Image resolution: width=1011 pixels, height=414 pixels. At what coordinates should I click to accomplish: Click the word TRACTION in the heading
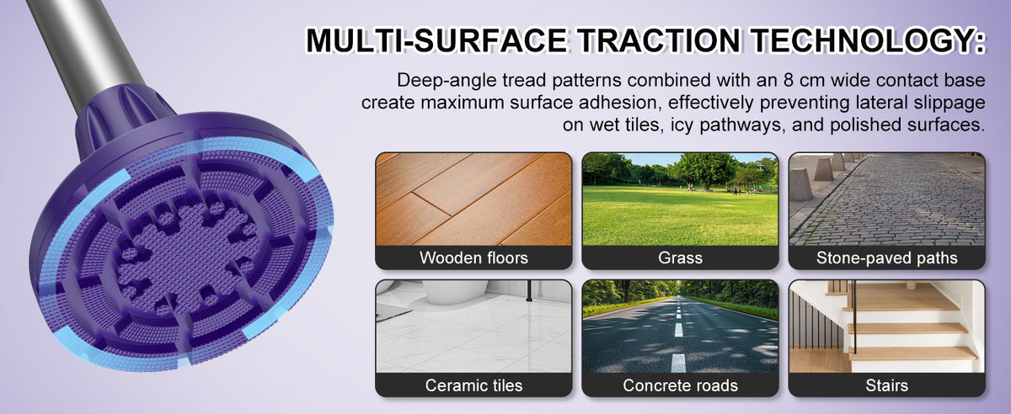coord(659,40)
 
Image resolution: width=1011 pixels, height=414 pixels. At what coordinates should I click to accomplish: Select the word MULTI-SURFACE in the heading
coord(436,40)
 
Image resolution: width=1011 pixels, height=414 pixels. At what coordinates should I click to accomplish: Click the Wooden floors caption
coord(473,258)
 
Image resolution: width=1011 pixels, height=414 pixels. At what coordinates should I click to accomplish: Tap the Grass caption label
coord(680,258)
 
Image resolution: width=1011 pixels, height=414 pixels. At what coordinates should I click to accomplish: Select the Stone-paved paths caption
coord(887,258)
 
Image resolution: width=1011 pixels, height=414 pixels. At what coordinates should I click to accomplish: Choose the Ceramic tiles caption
coord(473,385)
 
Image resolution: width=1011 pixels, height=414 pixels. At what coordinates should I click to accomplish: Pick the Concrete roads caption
coord(680,385)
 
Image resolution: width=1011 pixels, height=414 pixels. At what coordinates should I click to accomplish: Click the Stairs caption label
coord(887,385)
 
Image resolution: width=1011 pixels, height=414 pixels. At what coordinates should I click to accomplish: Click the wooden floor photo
coord(473,199)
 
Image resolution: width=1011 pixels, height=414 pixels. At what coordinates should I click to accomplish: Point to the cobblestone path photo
coord(887,199)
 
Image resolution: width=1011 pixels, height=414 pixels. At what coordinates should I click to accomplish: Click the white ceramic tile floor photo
coord(473,326)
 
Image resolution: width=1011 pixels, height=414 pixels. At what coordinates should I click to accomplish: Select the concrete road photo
coord(680,326)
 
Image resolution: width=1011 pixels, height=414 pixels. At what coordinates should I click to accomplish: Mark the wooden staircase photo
coord(887,326)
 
